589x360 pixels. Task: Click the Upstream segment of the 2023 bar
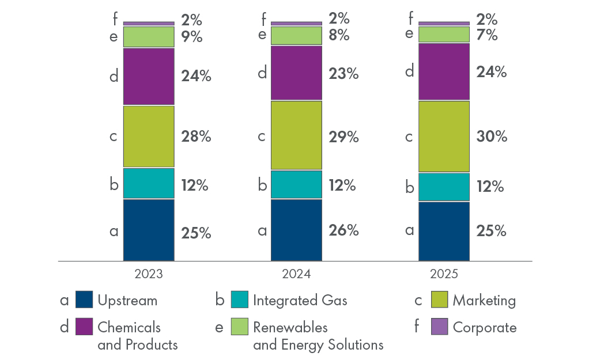(149, 230)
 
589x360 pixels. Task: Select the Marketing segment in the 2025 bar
(444, 137)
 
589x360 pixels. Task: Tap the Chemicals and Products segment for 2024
(296, 73)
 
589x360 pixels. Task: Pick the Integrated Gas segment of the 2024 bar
(296, 185)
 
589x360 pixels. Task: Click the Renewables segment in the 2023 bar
(149, 37)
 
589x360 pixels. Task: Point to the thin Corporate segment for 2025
(444, 23)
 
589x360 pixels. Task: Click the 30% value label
(492, 137)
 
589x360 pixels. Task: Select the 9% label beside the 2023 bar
(192, 37)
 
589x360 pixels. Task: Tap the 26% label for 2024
(343, 230)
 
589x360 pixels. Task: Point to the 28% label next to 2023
(196, 137)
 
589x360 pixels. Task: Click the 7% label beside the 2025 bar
(487, 35)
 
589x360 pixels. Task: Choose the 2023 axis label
(149, 274)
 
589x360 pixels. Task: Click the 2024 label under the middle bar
(296, 274)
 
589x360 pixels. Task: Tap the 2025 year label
(444, 274)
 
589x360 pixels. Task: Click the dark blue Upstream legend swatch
(84, 300)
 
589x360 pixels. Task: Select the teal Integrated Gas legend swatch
(239, 300)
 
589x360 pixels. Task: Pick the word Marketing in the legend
(484, 300)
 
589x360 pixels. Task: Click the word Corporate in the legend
(485, 328)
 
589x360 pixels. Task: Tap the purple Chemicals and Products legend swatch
(84, 327)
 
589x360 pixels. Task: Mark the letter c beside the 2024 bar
(262, 137)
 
